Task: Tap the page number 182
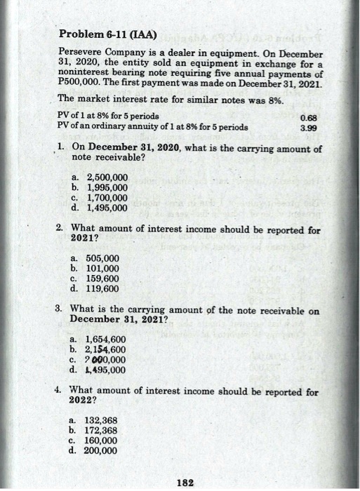click(x=185, y=482)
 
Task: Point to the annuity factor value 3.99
click(x=307, y=129)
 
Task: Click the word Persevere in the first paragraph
click(x=81, y=54)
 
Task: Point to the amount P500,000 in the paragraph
click(x=80, y=85)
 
